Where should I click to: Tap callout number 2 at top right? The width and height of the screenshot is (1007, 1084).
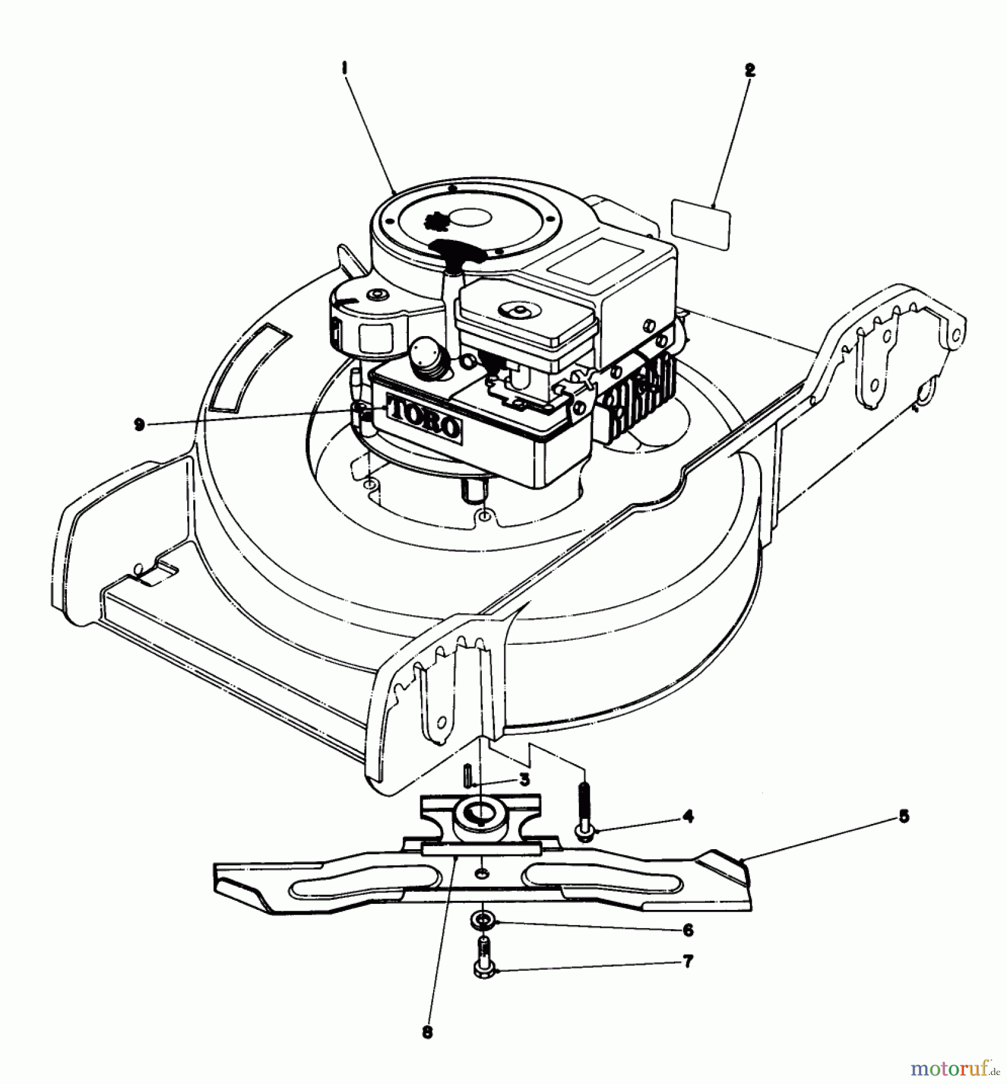[x=749, y=70]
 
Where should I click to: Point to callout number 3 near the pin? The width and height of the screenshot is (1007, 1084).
[x=524, y=780]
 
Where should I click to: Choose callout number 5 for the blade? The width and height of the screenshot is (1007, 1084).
[x=903, y=817]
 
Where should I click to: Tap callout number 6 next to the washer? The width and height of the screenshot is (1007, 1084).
[x=688, y=930]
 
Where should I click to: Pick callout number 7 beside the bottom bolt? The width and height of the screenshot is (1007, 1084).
[x=688, y=962]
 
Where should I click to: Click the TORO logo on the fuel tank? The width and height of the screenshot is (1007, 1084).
[x=423, y=416]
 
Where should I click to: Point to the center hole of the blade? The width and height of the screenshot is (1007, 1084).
[x=481, y=873]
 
